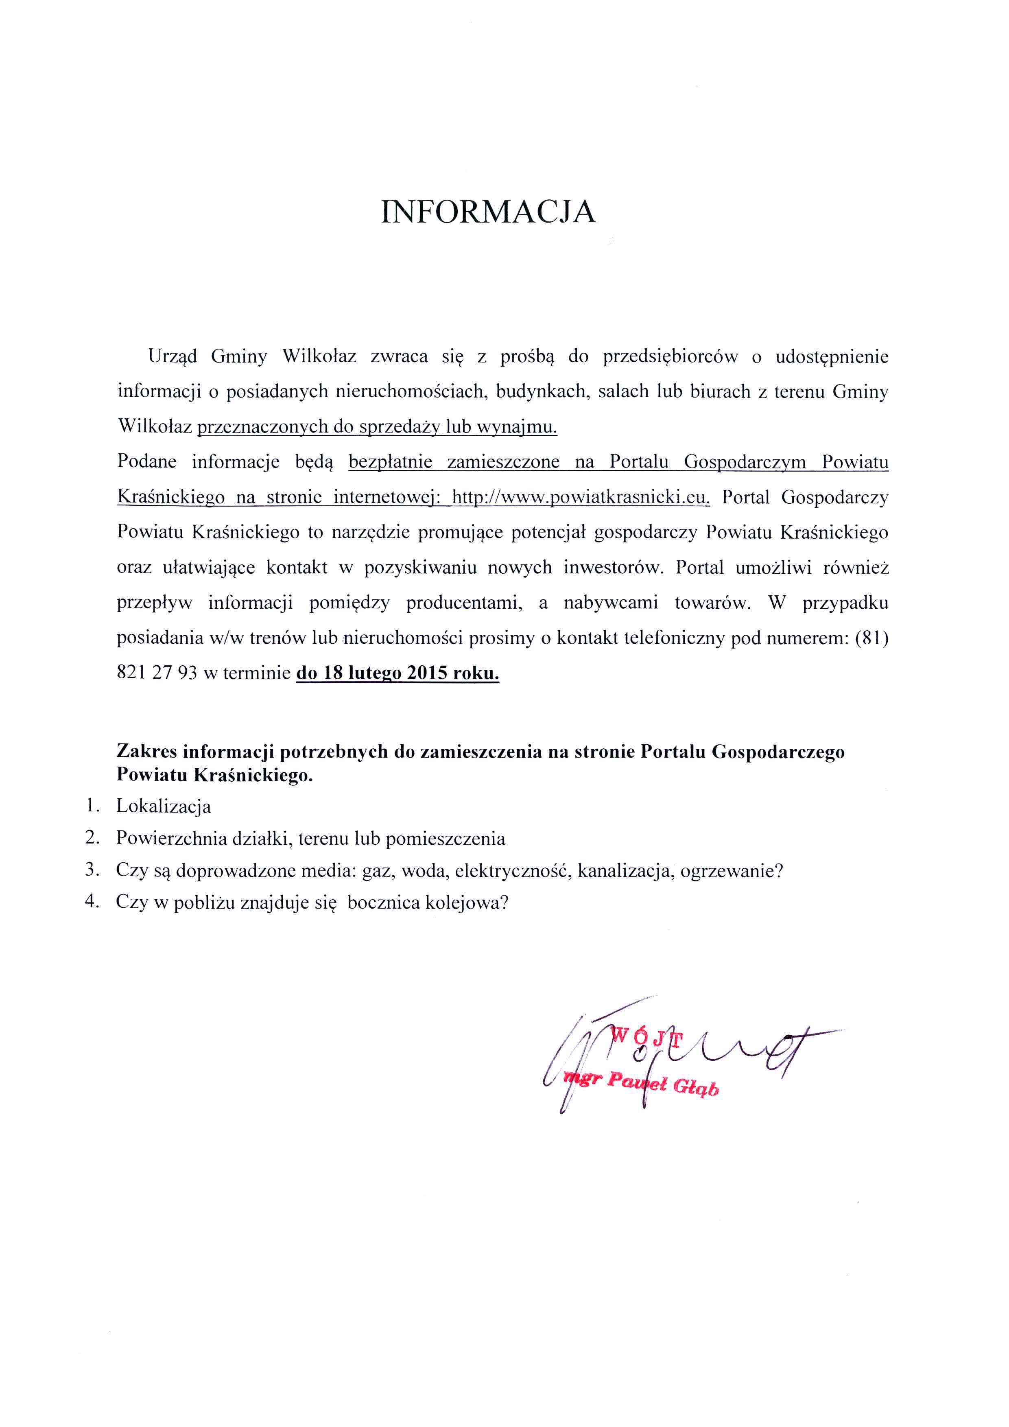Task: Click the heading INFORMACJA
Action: pyautogui.click(x=488, y=212)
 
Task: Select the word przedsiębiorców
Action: pyautogui.click(x=670, y=357)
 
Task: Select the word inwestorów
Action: pyautogui.click(x=614, y=568)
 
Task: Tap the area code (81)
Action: pyautogui.click(x=872, y=638)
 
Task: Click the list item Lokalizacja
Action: pyautogui.click(x=164, y=807)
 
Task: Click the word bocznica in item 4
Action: pyautogui.click(x=383, y=903)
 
